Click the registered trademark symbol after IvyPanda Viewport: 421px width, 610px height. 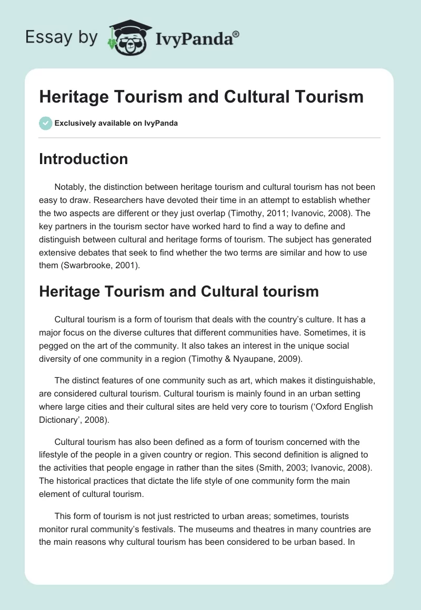coord(237,34)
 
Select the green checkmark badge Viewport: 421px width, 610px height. coord(45,123)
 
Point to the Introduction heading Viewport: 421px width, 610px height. coord(83,159)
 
